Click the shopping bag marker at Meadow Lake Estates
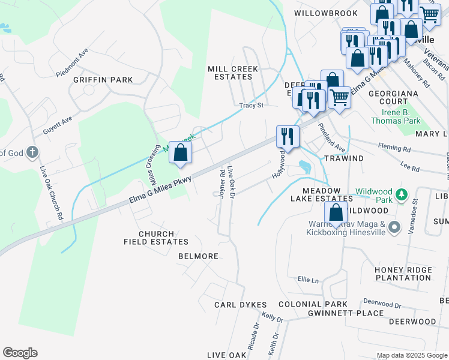336,212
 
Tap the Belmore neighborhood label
198,256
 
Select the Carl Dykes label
240,305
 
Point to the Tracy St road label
252,106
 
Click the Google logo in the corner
20,353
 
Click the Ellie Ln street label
307,279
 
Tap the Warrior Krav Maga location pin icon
394,227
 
